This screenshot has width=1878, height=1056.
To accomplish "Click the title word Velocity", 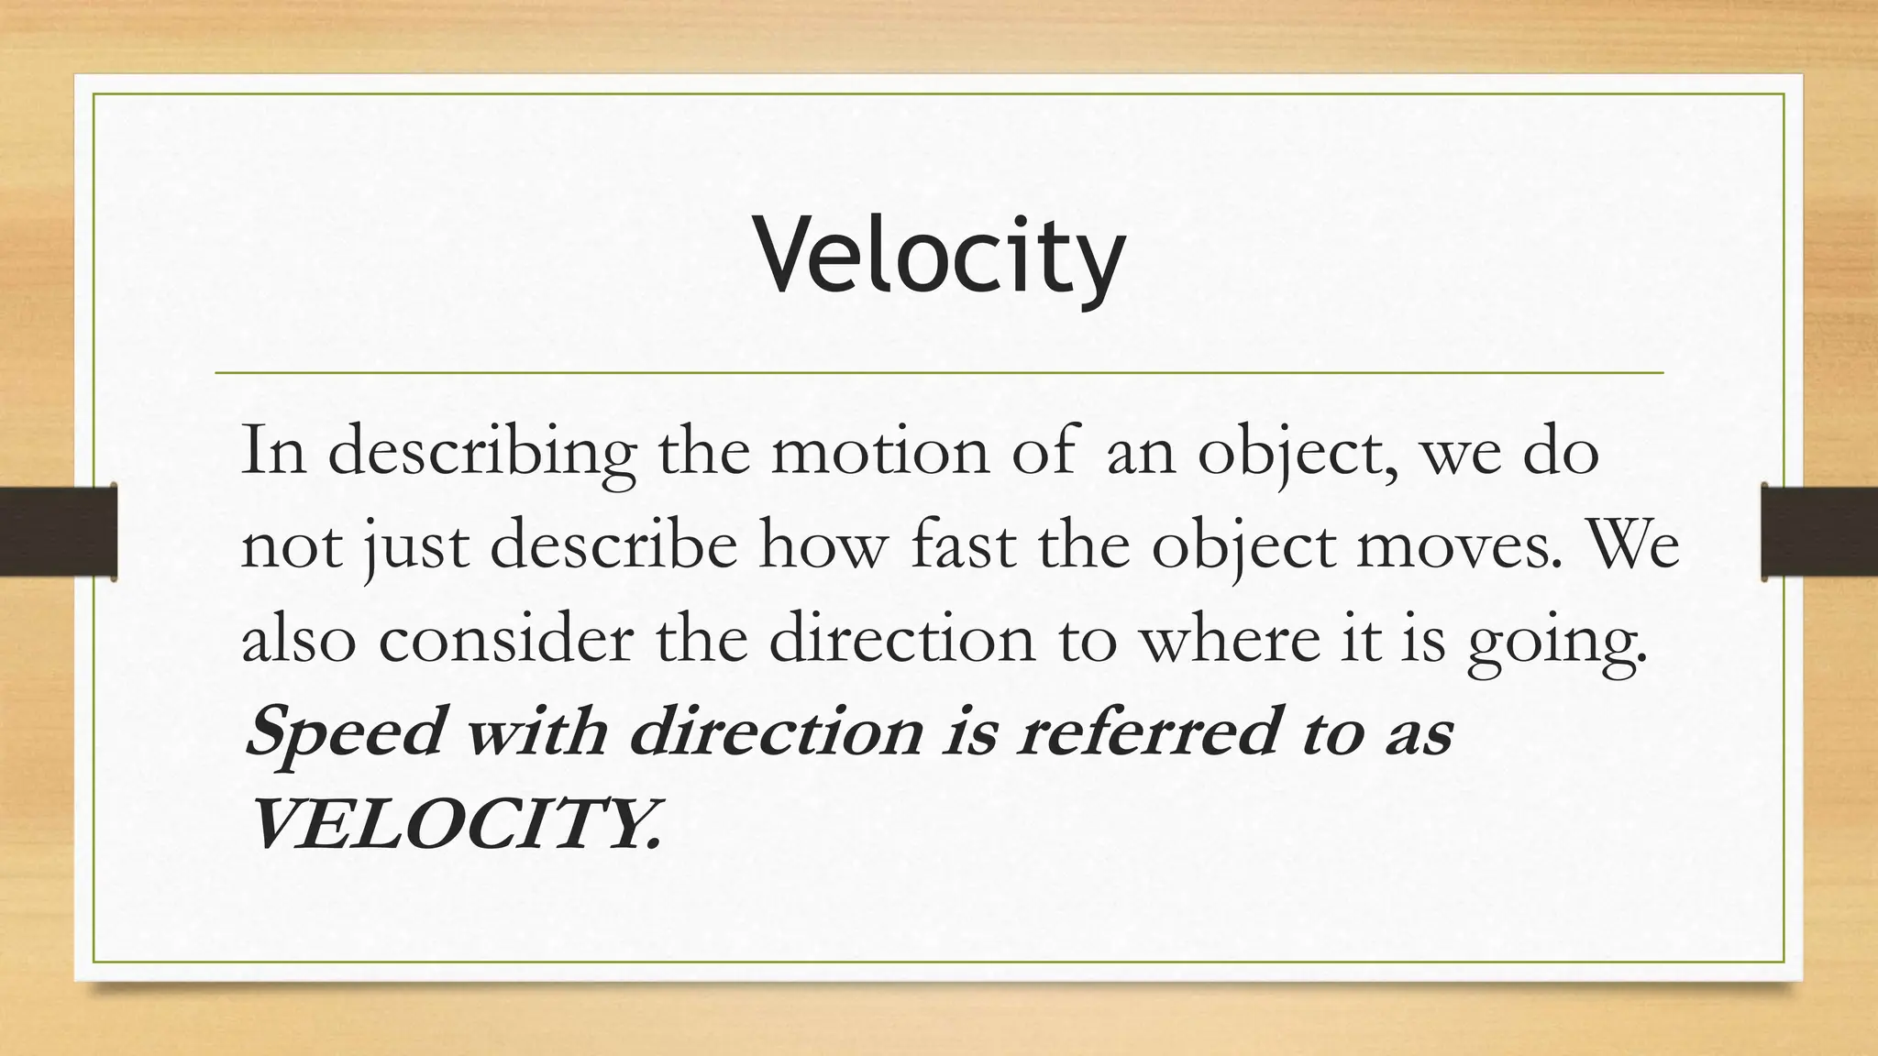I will [939, 255].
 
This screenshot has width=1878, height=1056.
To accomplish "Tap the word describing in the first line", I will [482, 453].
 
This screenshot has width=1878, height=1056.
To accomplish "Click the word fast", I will [964, 546].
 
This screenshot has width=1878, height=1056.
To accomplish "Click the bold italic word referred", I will [1146, 733].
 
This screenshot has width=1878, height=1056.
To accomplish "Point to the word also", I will [298, 640].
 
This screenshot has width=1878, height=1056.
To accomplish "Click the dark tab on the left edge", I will [58, 532].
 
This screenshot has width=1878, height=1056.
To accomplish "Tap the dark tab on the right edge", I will [1819, 532].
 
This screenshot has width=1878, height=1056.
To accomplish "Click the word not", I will [290, 548].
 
